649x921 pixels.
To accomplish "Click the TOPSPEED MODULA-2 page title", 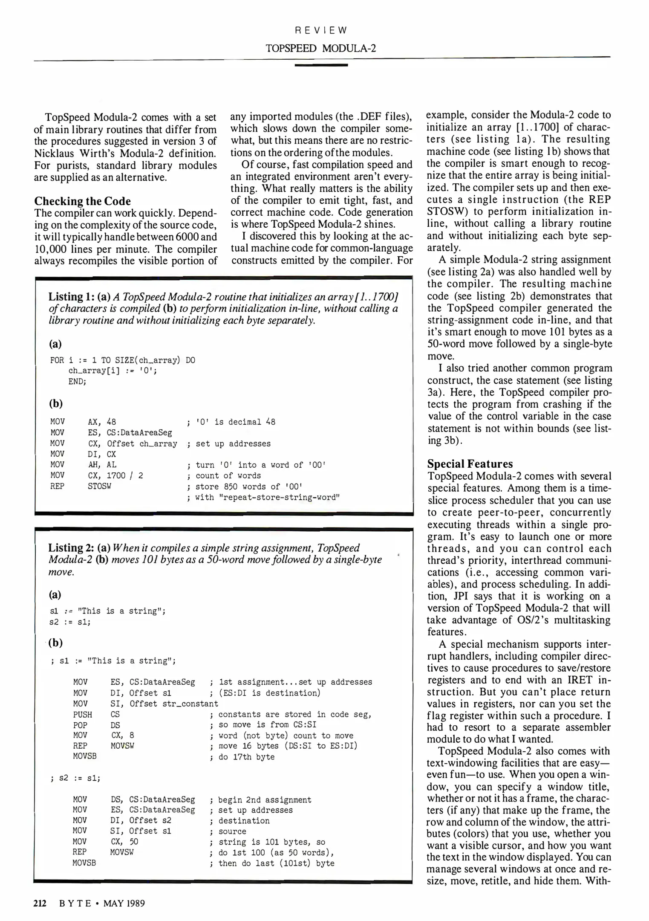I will point(321,48).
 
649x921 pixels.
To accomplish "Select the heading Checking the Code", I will point(83,201).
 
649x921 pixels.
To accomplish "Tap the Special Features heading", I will point(470,464).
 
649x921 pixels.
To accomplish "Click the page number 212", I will point(40,903).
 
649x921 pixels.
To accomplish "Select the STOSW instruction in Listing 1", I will point(99,486).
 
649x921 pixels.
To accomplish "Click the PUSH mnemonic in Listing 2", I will point(83,714).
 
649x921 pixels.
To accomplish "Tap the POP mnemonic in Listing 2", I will point(80,725).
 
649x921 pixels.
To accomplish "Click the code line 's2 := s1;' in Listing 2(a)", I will point(70,622).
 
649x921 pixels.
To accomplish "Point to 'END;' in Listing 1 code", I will point(77,382).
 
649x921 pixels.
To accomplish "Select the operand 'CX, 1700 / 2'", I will point(115,475).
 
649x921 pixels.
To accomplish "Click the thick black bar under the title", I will point(321,65).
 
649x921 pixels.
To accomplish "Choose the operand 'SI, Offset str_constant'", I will point(164,704).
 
